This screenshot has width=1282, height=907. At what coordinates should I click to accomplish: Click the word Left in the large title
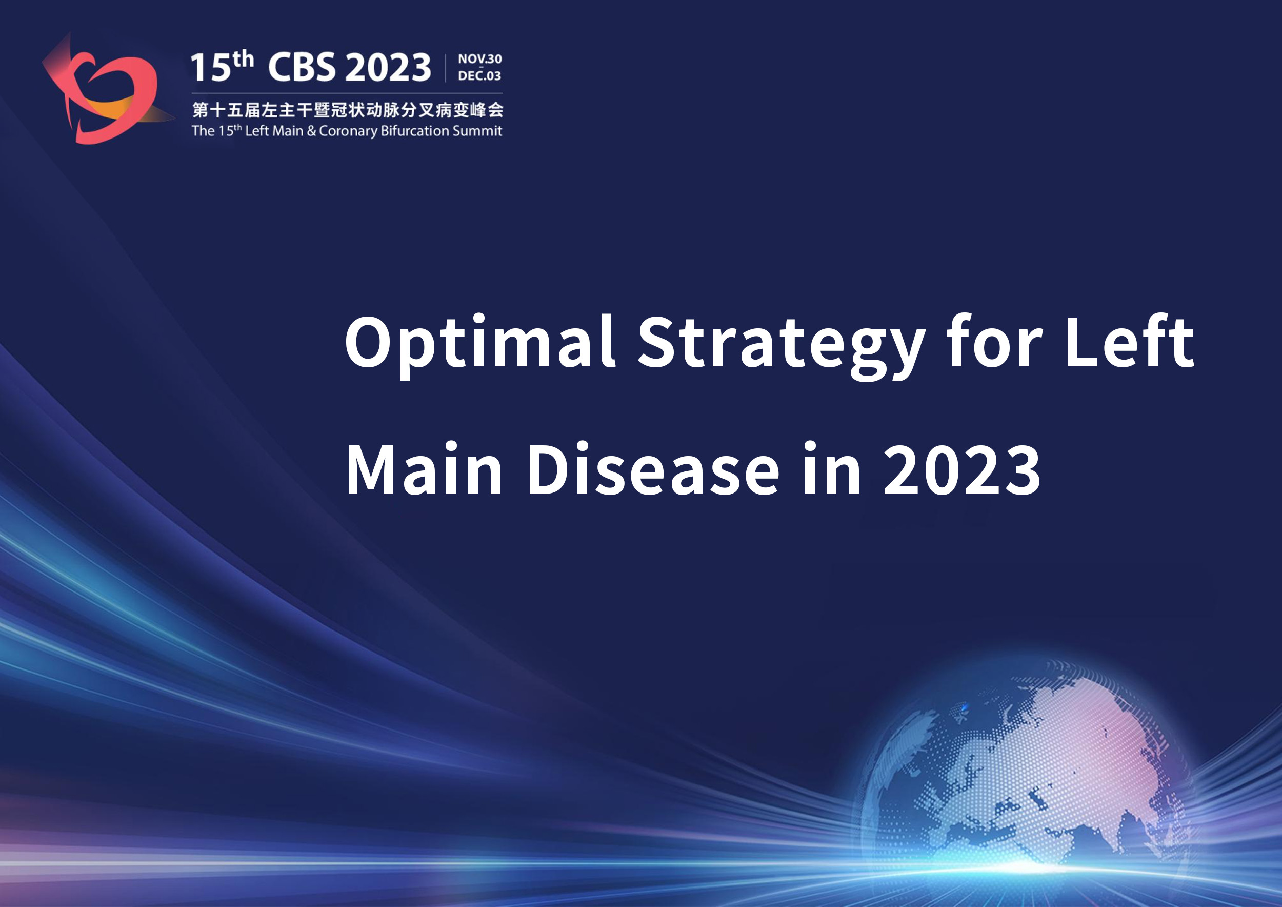click(1130, 341)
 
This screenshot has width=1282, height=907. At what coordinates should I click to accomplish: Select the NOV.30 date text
click(479, 58)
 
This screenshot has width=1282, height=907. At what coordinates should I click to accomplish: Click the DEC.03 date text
click(479, 75)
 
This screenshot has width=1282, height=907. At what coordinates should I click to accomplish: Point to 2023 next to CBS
click(388, 67)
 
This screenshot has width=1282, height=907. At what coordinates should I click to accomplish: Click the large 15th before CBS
click(222, 66)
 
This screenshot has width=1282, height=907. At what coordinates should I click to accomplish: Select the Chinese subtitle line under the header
click(347, 110)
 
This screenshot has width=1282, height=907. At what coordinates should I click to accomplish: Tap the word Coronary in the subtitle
click(348, 131)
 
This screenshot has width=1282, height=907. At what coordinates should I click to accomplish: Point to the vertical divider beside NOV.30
click(446, 68)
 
